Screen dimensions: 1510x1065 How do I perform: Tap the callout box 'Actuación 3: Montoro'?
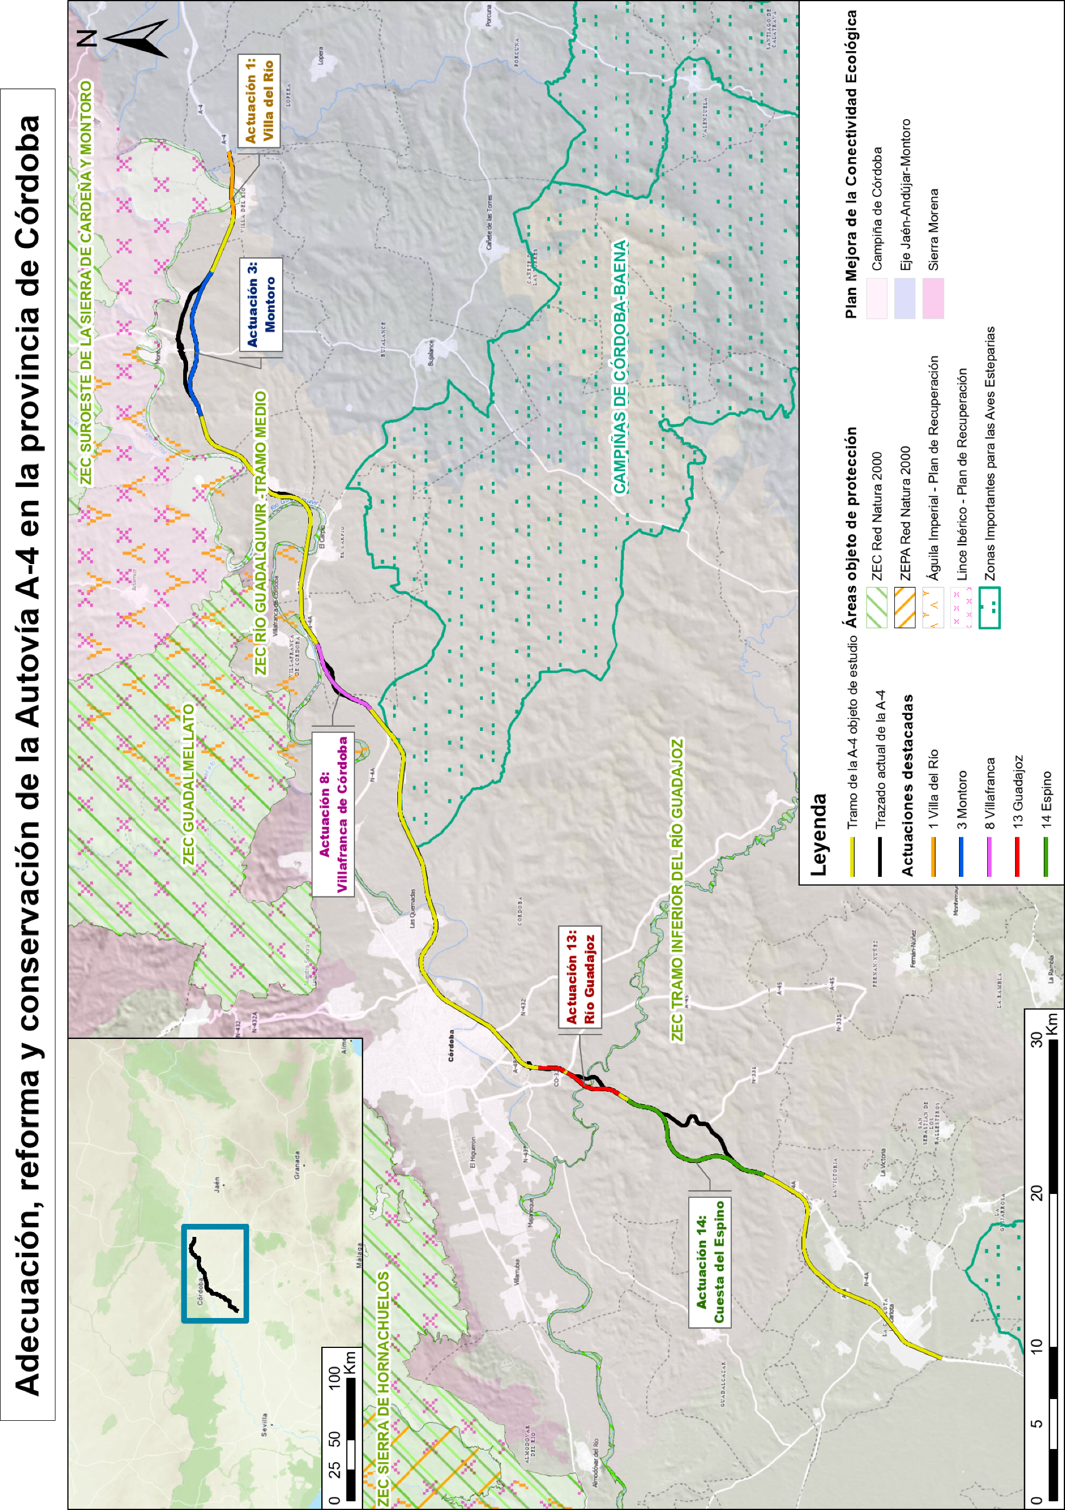[261, 304]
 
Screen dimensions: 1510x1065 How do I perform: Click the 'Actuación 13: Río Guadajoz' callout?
[581, 976]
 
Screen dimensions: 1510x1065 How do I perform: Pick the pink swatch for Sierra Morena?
[933, 298]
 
